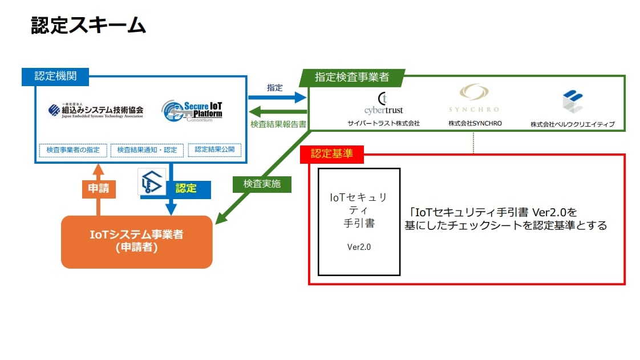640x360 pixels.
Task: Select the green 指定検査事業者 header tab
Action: click(352, 77)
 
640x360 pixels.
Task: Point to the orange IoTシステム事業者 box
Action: click(136, 241)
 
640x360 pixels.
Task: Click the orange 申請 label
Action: click(99, 188)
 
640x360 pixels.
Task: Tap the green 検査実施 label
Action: click(262, 184)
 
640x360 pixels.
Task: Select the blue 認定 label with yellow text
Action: click(186, 188)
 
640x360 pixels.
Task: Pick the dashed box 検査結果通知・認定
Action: click(147, 150)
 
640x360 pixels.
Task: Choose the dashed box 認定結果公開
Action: click(214, 149)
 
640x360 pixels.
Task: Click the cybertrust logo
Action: click(383, 103)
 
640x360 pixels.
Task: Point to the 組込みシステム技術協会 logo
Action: click(96, 110)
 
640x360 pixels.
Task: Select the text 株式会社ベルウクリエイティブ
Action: click(572, 124)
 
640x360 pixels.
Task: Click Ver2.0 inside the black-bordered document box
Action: click(359, 247)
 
